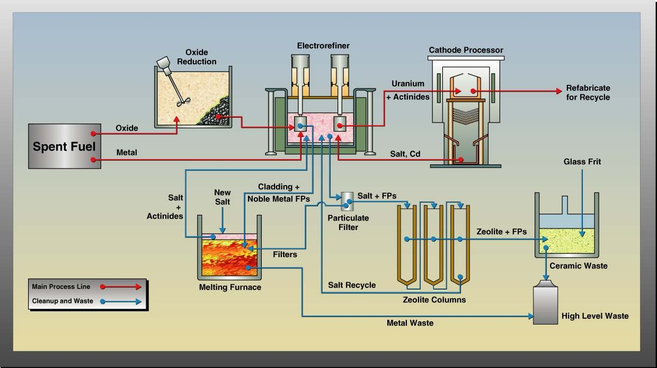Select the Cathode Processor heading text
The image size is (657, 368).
[466, 50]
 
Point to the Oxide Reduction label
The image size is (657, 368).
[197, 57]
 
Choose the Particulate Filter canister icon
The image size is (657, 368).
[348, 200]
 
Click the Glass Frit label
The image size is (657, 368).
[582, 162]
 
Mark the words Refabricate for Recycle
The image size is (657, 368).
[588, 92]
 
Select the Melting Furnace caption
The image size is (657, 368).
[230, 287]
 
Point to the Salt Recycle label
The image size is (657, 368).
[352, 285]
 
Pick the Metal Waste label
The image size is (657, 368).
[410, 322]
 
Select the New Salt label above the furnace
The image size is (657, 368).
[222, 197]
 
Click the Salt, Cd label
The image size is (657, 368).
[406, 154]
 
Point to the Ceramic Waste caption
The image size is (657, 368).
[579, 266]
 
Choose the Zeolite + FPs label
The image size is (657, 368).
[501, 232]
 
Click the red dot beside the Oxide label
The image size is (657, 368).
[93, 133]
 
